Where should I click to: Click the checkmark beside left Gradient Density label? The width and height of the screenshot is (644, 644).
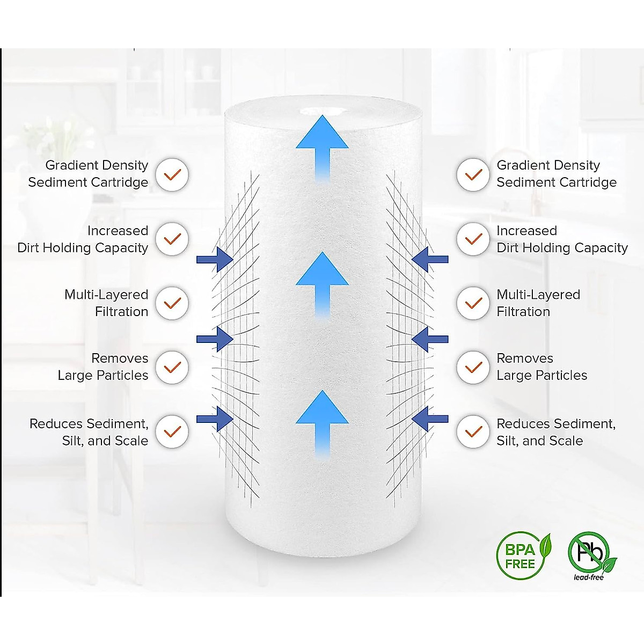[x=172, y=175]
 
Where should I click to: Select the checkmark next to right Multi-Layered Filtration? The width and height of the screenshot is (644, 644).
[x=473, y=303]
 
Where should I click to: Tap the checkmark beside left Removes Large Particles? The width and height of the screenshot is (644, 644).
[x=172, y=367]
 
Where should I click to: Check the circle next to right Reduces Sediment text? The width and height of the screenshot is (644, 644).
[x=473, y=431]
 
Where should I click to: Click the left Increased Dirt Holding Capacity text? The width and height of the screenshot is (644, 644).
[x=83, y=239]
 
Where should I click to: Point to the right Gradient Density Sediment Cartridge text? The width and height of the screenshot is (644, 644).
[x=556, y=174]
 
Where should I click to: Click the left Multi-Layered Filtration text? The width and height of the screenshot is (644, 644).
[x=106, y=303]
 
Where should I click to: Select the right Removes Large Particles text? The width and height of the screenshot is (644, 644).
[x=541, y=367]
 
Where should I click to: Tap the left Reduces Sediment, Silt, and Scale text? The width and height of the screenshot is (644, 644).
[x=89, y=432]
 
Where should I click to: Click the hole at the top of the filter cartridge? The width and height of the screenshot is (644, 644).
[x=322, y=112]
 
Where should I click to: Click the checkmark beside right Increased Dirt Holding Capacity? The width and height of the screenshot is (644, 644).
[x=473, y=239]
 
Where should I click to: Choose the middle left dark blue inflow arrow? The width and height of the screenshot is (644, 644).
[x=215, y=339]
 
